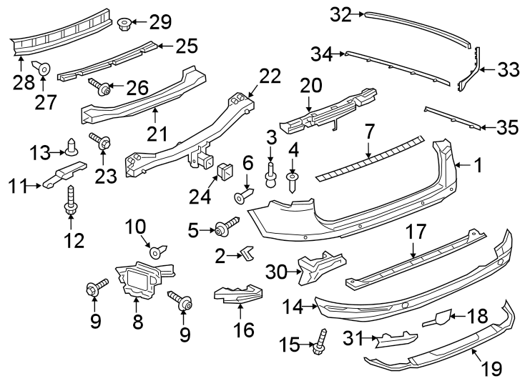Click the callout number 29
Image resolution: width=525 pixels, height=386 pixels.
coord(161,22)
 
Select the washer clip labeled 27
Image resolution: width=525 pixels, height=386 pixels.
coord(44,69)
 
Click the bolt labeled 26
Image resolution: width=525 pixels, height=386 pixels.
coord(100,88)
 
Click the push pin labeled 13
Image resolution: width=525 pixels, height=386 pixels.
coord(71,148)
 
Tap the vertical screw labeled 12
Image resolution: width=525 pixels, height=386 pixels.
coord(70,199)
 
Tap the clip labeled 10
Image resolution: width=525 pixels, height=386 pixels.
coord(156,251)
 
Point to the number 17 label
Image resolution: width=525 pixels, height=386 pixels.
coord(416,232)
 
